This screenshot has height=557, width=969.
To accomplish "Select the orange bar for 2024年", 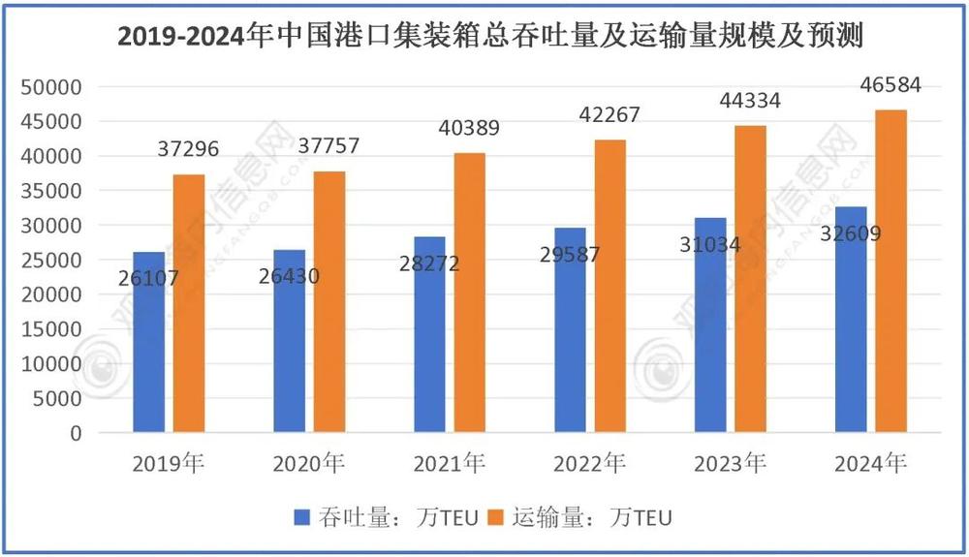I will (x=891, y=271).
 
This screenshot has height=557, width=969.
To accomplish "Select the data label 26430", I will (x=288, y=277).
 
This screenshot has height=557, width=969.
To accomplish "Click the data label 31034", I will (x=709, y=245).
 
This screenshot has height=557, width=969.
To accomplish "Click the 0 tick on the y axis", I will (x=76, y=433).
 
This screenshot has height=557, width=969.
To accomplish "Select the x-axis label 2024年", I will (x=870, y=464).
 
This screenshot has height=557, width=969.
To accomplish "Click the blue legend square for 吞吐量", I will (x=302, y=518).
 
